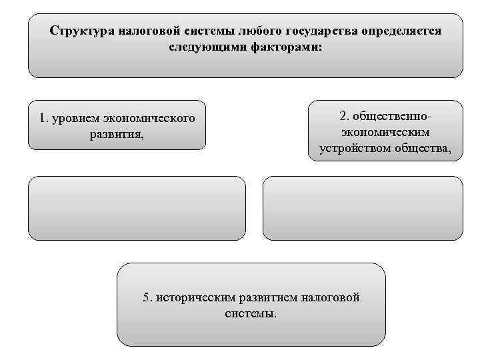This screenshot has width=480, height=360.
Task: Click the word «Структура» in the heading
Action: (82, 31)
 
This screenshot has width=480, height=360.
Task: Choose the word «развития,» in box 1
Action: (116, 134)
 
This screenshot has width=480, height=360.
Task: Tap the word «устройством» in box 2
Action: (357, 148)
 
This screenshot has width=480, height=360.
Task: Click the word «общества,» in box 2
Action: (424, 148)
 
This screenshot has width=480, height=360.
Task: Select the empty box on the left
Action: (137, 208)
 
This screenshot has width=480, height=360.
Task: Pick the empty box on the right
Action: (363, 208)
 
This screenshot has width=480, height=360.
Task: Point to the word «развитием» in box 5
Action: (267, 297)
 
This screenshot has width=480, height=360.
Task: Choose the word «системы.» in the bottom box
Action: (251, 313)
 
